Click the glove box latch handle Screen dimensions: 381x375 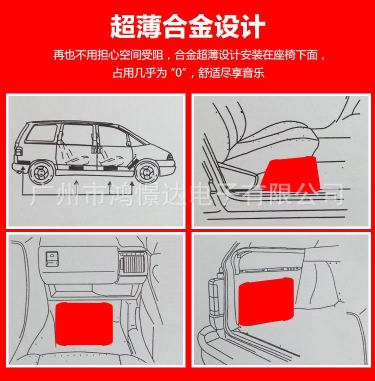[51, 258]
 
